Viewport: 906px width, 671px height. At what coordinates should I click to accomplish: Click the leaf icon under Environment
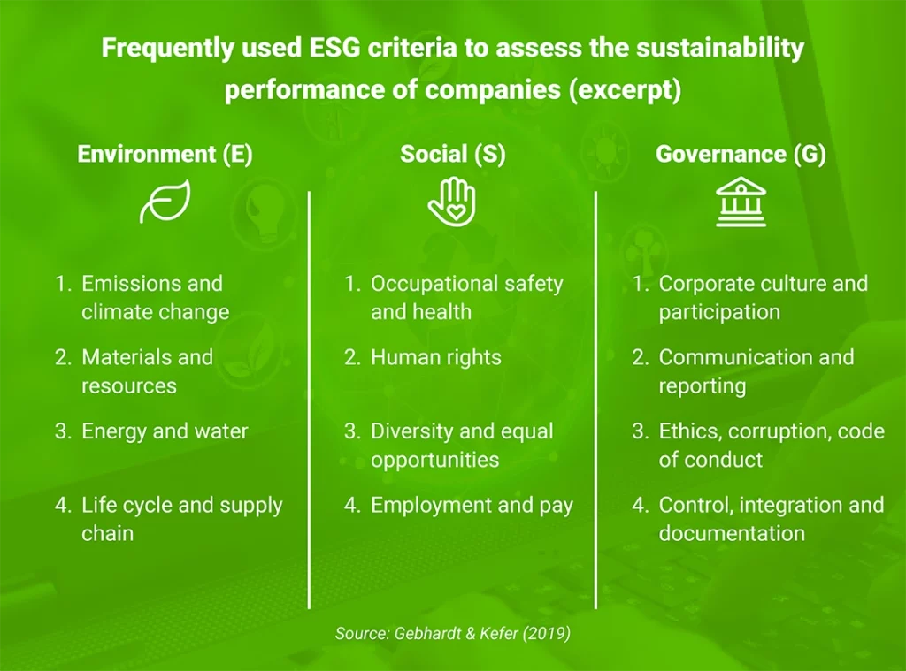pos(165,203)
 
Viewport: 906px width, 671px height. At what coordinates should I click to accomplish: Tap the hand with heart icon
pos(452,202)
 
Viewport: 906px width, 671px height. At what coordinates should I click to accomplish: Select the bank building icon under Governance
pos(741,202)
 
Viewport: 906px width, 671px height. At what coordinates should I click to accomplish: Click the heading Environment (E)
pos(165,154)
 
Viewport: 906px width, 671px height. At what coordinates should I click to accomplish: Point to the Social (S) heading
pos(452,154)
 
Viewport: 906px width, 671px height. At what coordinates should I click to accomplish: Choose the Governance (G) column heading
pos(741,154)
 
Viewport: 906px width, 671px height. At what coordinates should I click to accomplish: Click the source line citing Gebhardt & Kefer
pos(453,633)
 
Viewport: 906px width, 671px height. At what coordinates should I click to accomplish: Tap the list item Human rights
pos(435,357)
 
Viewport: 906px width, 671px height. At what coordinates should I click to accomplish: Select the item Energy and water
pos(165,431)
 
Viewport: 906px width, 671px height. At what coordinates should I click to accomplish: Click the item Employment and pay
pos(472,506)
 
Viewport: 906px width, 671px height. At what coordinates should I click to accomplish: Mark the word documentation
pos(732,534)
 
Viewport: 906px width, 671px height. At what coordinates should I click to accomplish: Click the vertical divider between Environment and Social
pos(310,398)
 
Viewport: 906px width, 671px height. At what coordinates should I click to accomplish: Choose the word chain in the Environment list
pos(107,534)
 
